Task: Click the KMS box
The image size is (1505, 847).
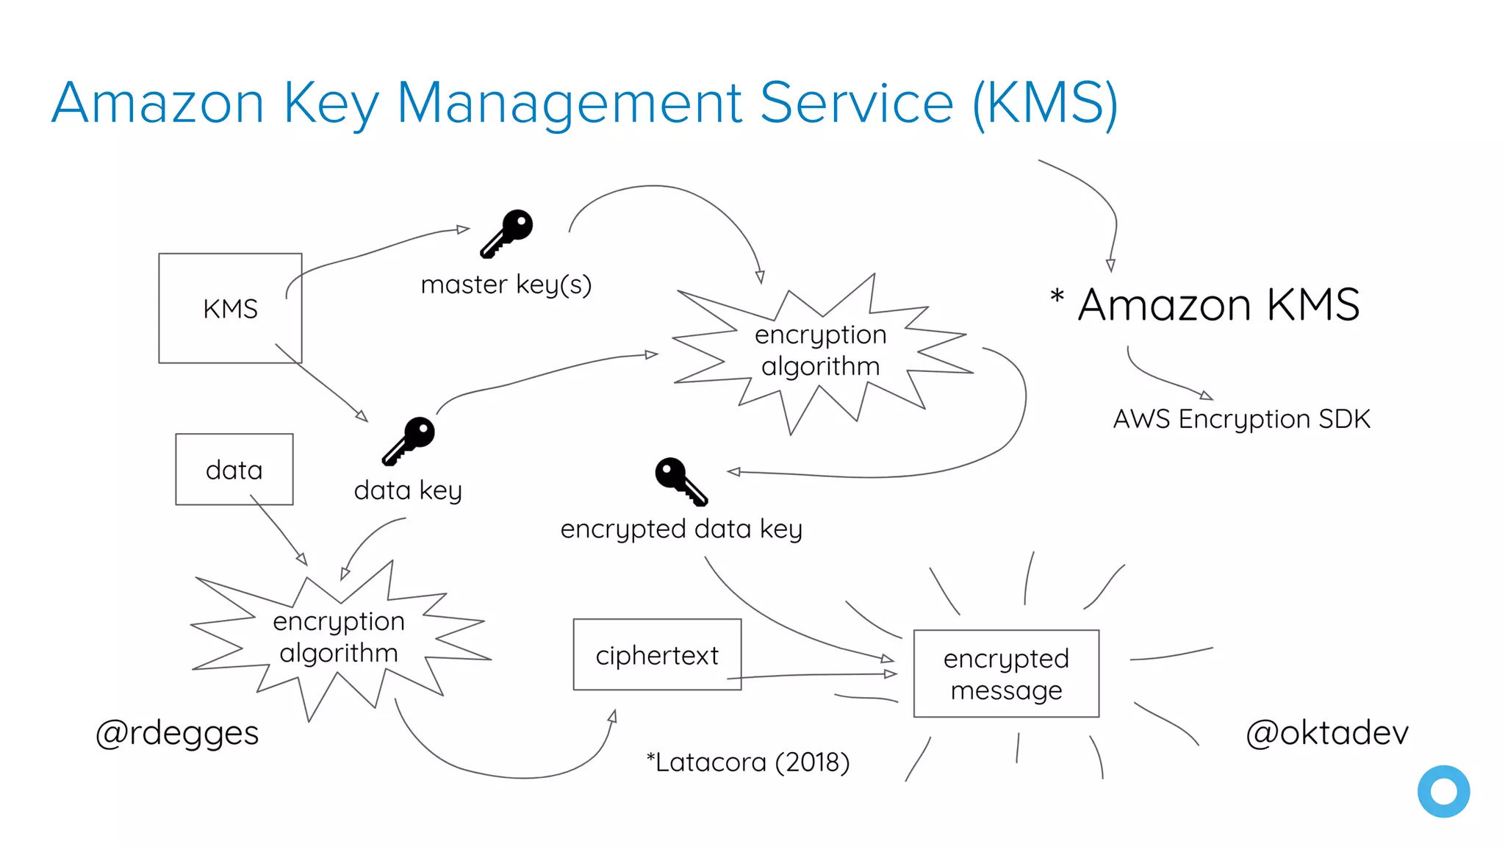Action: [230, 308]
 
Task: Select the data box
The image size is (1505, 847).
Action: [234, 469]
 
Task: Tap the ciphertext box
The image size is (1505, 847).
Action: [657, 654]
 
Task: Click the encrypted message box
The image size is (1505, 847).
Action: [1006, 673]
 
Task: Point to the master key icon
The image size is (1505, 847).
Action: [507, 233]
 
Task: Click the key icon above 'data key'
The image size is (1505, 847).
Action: [409, 440]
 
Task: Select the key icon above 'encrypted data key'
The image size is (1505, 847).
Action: [680, 481]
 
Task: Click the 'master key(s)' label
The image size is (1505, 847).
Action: [506, 285]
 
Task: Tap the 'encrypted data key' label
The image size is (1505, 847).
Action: [681, 529]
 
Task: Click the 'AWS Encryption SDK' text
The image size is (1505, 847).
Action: [1241, 419]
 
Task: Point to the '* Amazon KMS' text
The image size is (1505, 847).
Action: [1205, 304]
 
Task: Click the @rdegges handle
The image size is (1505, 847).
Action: [177, 733]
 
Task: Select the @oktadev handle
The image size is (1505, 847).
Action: [1327, 732]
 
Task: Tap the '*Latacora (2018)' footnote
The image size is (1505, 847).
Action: [748, 762]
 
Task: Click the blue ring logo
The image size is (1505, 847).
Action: [1443, 791]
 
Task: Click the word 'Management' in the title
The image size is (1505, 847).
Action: [570, 103]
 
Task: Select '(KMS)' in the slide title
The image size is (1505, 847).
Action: [1045, 103]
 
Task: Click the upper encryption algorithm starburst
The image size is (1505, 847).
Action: [820, 351]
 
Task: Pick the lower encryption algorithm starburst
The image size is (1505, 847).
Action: [338, 637]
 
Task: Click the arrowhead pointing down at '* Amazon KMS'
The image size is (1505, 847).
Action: [1110, 265]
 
